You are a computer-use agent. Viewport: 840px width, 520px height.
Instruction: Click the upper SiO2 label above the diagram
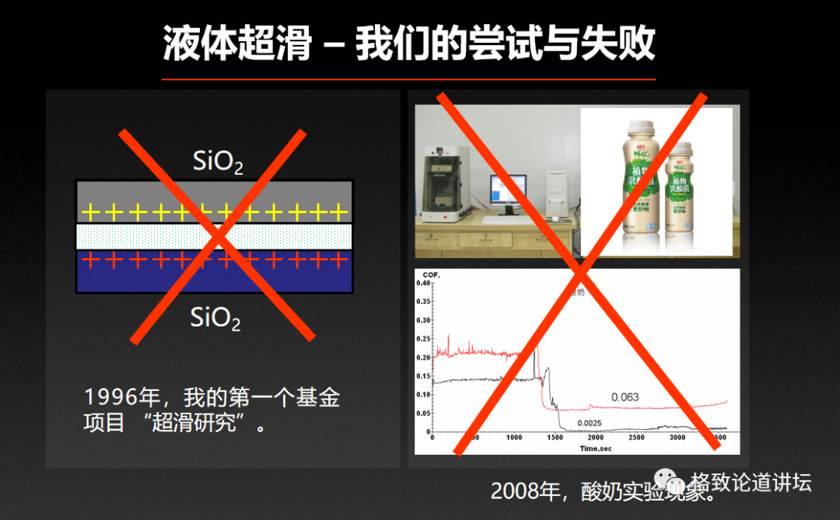pyautogui.click(x=218, y=162)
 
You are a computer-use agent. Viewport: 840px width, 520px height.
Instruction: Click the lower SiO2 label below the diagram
pyautogui.click(x=215, y=318)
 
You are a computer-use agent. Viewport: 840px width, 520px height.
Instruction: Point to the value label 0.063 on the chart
pyautogui.click(x=625, y=397)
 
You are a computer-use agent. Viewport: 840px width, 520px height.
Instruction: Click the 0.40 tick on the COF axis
pyautogui.click(x=423, y=283)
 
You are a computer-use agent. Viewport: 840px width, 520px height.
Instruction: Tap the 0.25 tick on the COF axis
pyautogui.click(x=423, y=339)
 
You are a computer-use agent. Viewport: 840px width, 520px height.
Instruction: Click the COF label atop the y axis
pyautogui.click(x=430, y=274)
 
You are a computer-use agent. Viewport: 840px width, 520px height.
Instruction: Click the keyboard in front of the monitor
pyautogui.click(x=506, y=220)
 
